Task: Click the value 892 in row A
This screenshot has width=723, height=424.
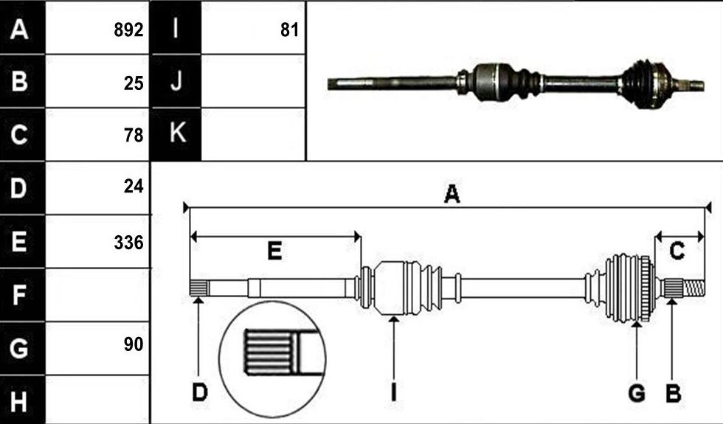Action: tap(128, 30)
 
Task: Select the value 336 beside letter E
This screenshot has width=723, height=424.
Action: tap(128, 243)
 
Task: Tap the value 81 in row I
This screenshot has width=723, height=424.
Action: tap(289, 30)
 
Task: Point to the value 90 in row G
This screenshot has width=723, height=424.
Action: tap(134, 344)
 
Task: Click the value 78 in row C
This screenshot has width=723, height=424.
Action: tap(134, 135)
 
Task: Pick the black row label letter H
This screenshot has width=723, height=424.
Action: tap(18, 401)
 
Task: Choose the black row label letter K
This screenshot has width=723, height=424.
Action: tap(178, 133)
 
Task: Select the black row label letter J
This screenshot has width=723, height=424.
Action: tap(176, 80)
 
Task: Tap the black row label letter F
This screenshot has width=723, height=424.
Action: tap(18, 295)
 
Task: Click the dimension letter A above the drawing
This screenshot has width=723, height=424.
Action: tap(452, 194)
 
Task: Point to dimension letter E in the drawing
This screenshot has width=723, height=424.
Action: tap(274, 251)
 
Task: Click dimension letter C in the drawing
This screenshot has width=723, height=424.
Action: tap(677, 251)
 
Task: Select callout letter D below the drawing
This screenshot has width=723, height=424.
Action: tap(200, 393)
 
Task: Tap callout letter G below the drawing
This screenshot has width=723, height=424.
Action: tap(637, 394)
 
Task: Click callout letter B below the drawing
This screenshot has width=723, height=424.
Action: tap(673, 394)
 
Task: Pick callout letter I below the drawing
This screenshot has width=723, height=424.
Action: tap(393, 393)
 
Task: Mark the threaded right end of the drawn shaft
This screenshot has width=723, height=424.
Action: tap(694, 288)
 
